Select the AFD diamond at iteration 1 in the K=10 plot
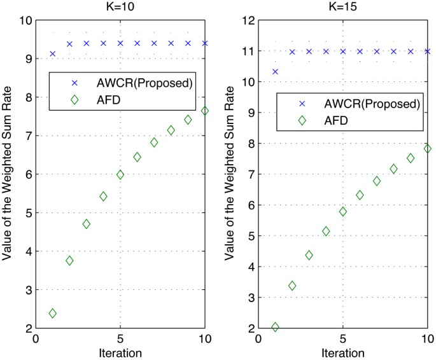(x=52, y=313)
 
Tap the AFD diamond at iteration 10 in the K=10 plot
(x=205, y=110)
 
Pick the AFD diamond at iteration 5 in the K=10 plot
(x=120, y=175)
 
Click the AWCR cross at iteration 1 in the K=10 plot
(x=52, y=54)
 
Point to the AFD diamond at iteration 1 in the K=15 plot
(x=275, y=327)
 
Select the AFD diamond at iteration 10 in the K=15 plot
(x=427, y=148)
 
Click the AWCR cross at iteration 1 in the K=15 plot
(x=275, y=72)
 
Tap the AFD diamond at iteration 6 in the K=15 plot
(x=360, y=195)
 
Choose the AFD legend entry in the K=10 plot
(x=104, y=99)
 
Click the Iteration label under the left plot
(x=120, y=352)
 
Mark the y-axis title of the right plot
(x=232, y=174)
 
